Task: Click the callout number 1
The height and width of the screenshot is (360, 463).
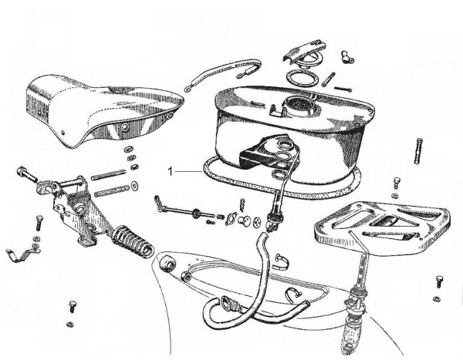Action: tap(170, 171)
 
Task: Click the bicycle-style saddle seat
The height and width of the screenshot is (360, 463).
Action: tap(100, 112)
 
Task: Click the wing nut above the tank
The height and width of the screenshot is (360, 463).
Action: tap(347, 56)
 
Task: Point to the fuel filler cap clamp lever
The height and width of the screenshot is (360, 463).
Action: tap(304, 49)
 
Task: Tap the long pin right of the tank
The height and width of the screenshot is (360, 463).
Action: tap(418, 151)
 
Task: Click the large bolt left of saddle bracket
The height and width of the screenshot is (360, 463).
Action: tap(27, 174)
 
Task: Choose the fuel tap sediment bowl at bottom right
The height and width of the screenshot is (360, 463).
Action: tap(352, 336)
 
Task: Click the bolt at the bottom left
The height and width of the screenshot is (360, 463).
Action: tap(72, 306)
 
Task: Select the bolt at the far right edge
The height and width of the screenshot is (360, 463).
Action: tap(438, 282)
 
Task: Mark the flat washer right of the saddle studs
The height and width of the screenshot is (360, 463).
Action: tap(134, 187)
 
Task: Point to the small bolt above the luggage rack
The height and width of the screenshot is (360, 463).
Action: tap(397, 183)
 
